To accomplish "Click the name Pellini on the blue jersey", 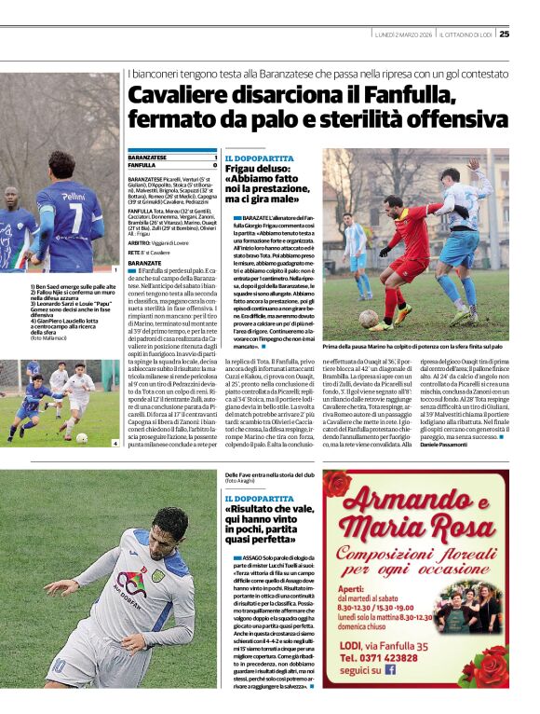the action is (x=73, y=198).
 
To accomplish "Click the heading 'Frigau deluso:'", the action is (x=257, y=169).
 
